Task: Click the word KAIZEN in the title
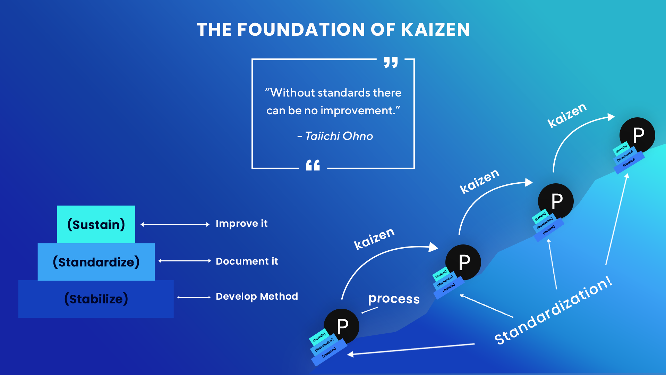point(435,30)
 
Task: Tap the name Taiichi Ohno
point(339,136)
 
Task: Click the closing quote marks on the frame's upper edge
point(391,62)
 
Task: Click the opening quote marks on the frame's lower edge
point(313,165)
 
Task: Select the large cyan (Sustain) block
point(96,224)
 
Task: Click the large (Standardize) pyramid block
point(96,262)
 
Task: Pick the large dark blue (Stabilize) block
point(96,299)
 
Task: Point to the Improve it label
point(241,224)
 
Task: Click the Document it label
point(247,261)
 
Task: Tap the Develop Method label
point(257,296)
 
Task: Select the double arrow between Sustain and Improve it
point(175,225)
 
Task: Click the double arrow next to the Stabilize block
point(194,297)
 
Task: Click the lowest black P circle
point(342,326)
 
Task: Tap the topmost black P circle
point(638,135)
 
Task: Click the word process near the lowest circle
point(394,299)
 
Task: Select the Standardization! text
point(553,311)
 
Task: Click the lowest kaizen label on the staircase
point(374,239)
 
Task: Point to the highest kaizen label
point(567,115)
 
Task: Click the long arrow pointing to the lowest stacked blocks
point(411,349)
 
